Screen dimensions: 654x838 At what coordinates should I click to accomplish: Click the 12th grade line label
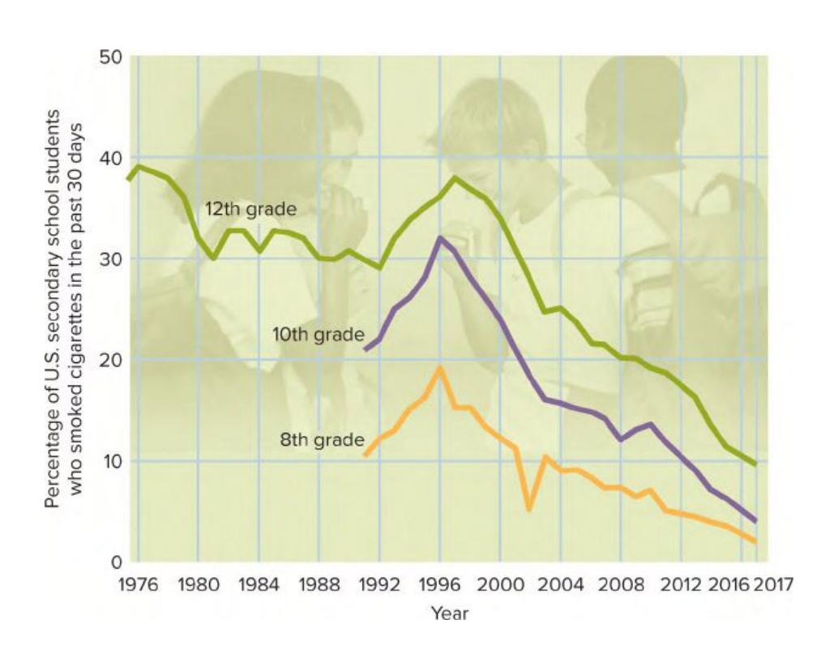(250, 209)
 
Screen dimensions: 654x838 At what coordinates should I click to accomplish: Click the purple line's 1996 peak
(439, 238)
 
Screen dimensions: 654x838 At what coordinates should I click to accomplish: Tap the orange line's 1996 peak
(439, 368)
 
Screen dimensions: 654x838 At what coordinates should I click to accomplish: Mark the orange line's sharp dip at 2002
(529, 509)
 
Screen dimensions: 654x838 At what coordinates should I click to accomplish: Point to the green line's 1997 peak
(455, 177)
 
